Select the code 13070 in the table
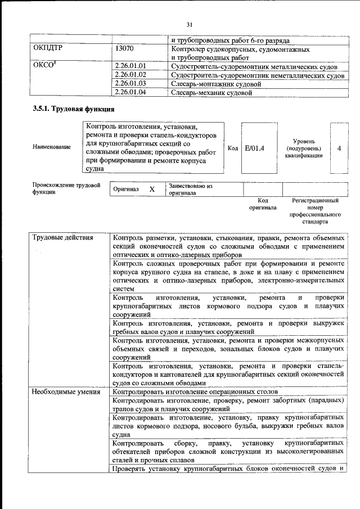[124, 49]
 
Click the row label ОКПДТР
[48, 49]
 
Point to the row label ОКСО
[45, 66]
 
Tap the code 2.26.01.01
[130, 66]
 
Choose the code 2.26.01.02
[130, 75]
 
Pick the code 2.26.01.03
[130, 84]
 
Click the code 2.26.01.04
[130, 92]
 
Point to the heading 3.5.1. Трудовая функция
[74, 109]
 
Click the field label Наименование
[52, 147]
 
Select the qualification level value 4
[339, 148]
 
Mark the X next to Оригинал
[151, 190]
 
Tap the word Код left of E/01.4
[233, 148]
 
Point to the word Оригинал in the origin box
[126, 190]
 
